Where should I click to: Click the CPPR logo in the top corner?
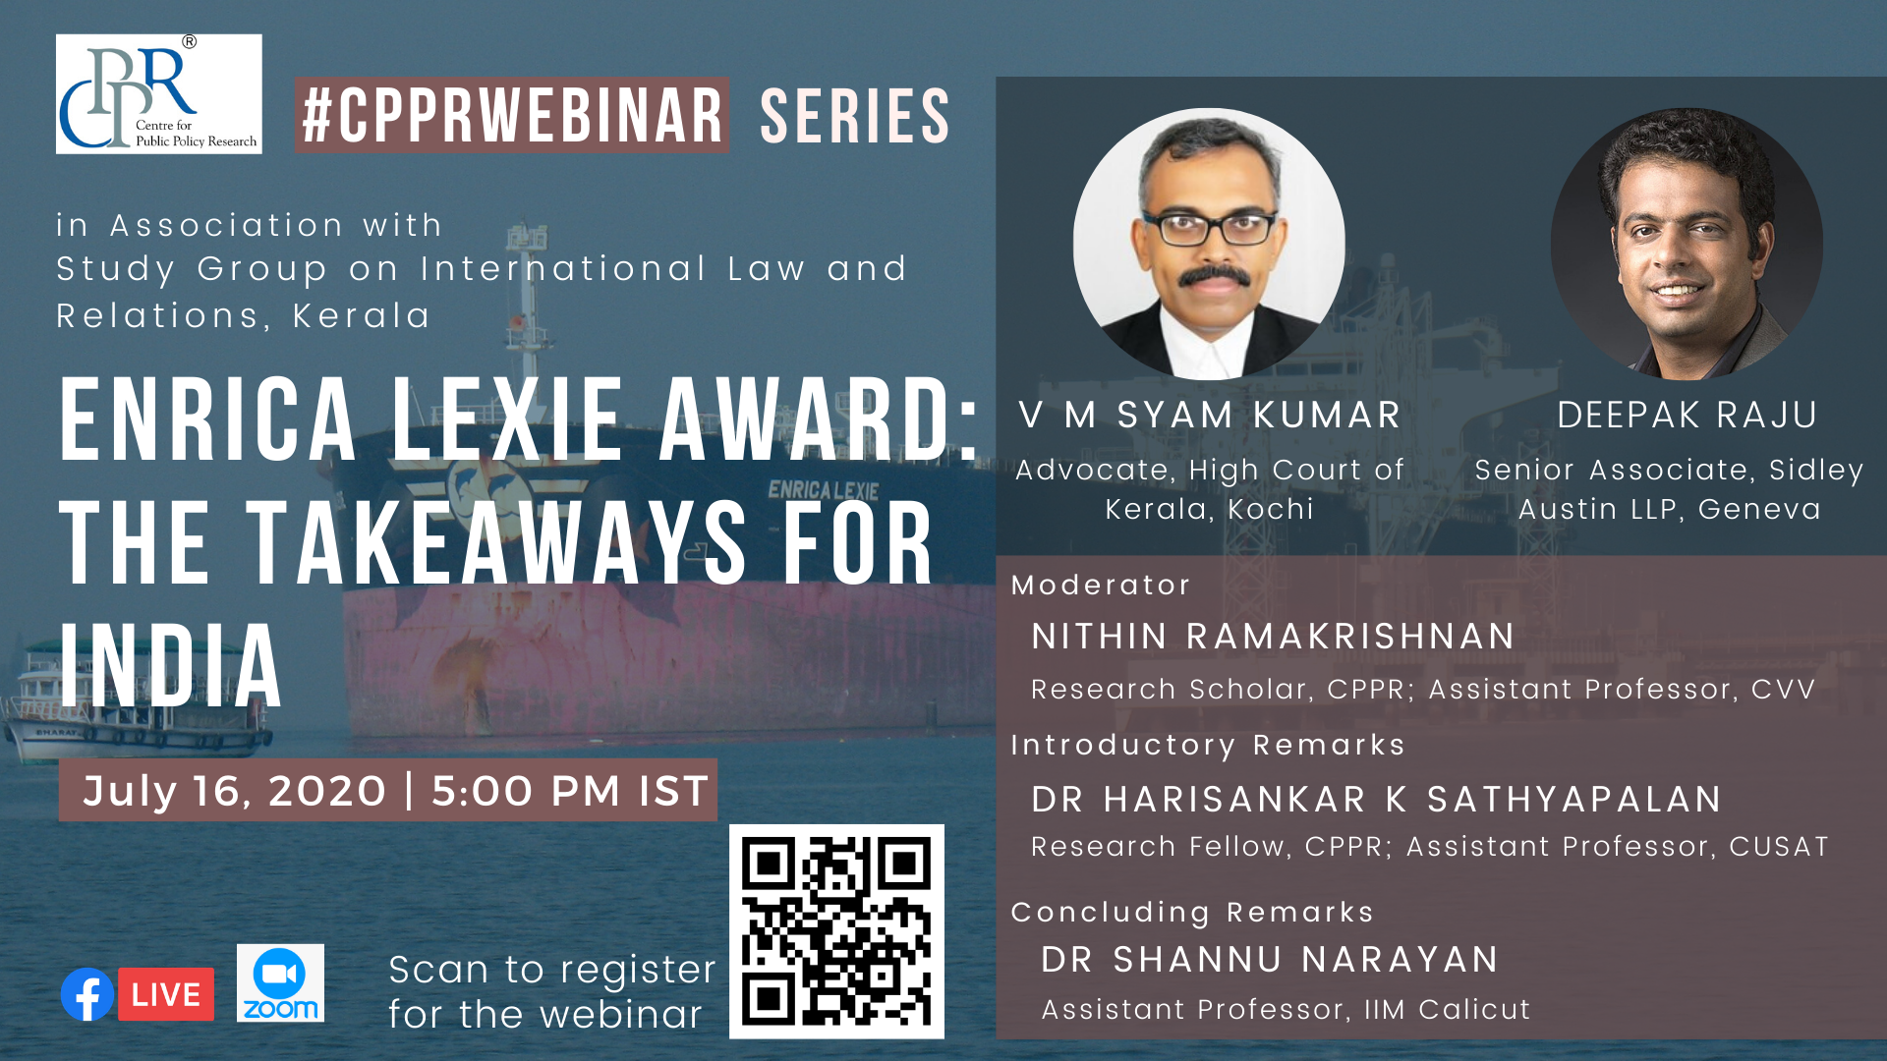[159, 94]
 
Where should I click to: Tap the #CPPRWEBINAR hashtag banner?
[512, 115]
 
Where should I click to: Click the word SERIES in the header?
[854, 116]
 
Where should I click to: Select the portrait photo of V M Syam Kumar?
[1209, 244]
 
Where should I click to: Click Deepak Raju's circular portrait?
[1687, 244]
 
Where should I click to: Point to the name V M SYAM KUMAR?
[1210, 416]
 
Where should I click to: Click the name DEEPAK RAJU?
[1687, 416]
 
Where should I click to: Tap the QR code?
[836, 931]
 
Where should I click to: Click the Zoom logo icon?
[280, 983]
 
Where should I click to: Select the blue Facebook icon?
[87, 994]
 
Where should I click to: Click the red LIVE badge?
[166, 994]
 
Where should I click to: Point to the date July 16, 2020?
[235, 791]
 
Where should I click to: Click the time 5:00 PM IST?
[570, 791]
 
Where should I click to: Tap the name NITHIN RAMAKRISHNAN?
[1273, 637]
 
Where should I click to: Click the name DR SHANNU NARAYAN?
[1270, 960]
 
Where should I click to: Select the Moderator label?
[1101, 586]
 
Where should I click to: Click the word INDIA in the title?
[171, 666]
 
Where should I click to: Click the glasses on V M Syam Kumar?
[1209, 229]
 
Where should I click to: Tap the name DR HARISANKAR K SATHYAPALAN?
[1376, 800]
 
